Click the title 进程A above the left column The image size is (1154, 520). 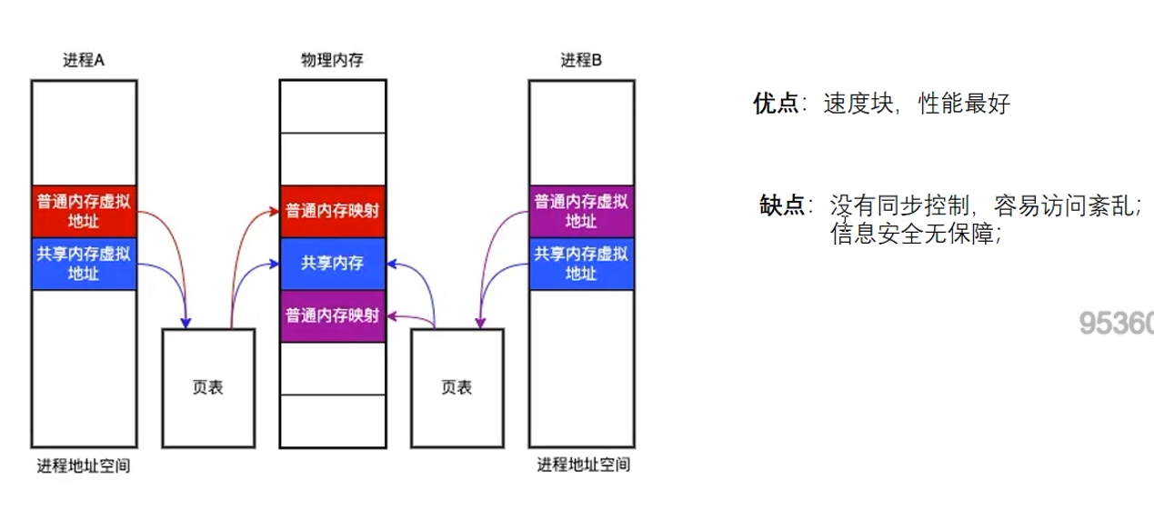click(84, 61)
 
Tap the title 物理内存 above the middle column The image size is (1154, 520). click(333, 61)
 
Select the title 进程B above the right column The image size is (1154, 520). click(581, 61)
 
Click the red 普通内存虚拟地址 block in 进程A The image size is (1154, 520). click(84, 210)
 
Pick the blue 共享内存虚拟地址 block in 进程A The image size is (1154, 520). click(84, 264)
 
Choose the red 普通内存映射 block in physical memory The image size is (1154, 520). click(333, 211)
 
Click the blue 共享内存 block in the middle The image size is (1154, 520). click(333, 264)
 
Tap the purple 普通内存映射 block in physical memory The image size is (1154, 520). click(333, 315)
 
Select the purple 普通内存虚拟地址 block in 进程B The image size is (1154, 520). click(581, 210)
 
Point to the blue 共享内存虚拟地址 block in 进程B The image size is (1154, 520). click(581, 264)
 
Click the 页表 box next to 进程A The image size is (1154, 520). click(208, 388)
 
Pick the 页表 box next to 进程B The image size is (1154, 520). click(457, 388)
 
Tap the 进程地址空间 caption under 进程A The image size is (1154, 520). click(84, 466)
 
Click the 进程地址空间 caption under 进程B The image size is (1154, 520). click(583, 465)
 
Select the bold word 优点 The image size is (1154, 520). click(775, 104)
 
